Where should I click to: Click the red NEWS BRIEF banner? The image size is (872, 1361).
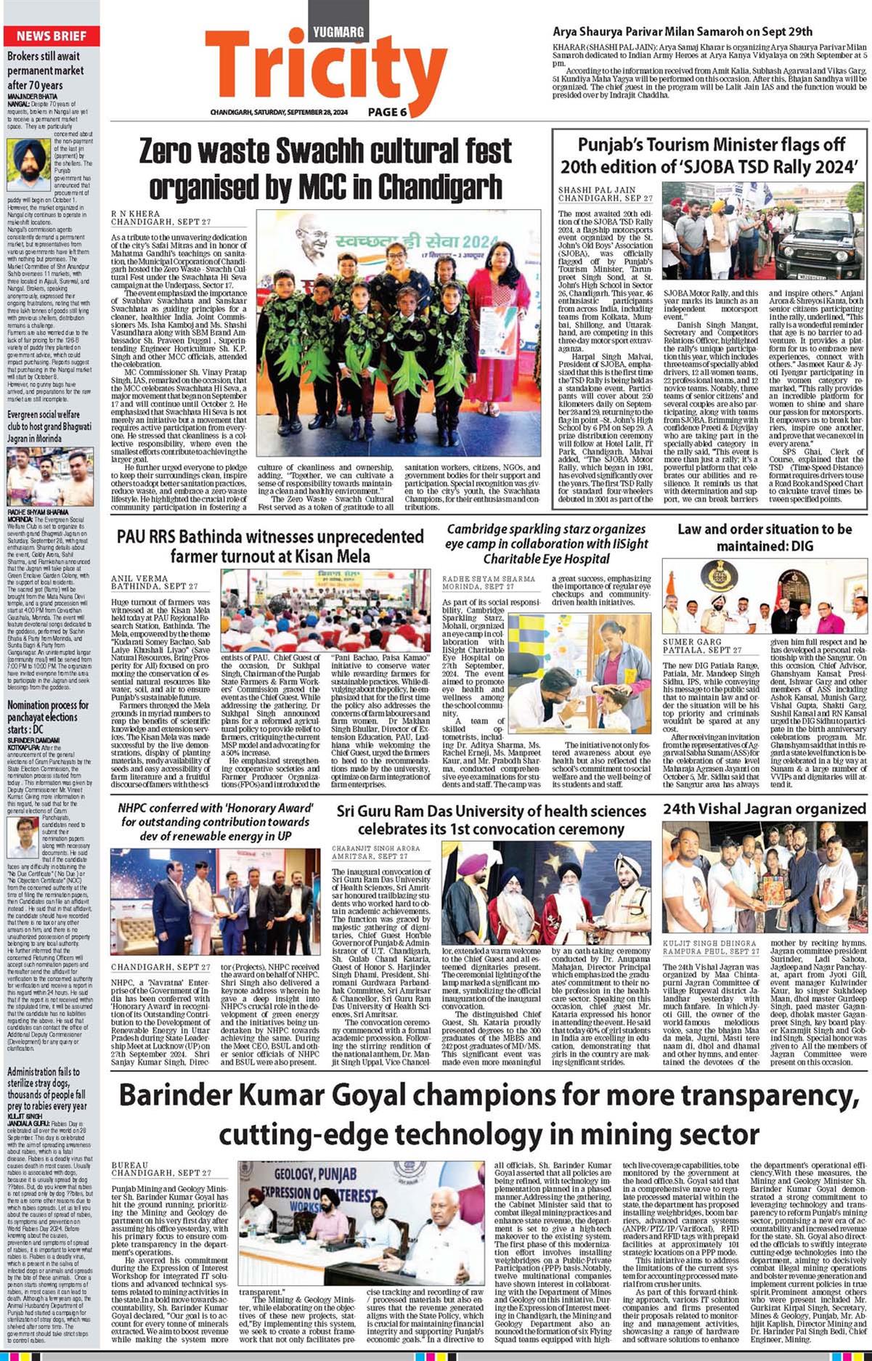click(x=51, y=36)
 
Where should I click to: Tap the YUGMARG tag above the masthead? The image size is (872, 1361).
click(x=338, y=32)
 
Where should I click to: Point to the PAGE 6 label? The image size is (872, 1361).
click(x=387, y=112)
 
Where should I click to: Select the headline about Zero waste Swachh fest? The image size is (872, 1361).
click(x=325, y=169)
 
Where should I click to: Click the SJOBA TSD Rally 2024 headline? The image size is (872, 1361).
click(x=711, y=155)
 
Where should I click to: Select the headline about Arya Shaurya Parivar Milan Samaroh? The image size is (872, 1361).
click(x=682, y=31)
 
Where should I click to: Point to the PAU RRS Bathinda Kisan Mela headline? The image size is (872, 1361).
click(x=270, y=546)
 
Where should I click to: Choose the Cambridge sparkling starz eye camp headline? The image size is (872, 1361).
click(x=546, y=544)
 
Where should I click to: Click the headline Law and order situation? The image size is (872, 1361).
click(x=764, y=537)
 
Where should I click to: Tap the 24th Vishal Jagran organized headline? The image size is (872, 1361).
click(x=764, y=808)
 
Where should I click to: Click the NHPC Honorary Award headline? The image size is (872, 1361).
click(x=216, y=821)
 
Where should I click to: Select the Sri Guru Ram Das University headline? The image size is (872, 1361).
click(x=490, y=819)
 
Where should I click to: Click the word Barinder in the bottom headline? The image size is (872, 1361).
click(x=179, y=1095)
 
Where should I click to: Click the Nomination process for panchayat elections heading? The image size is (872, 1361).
click(x=48, y=717)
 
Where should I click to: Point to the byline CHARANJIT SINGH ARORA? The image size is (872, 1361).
click(x=375, y=848)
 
